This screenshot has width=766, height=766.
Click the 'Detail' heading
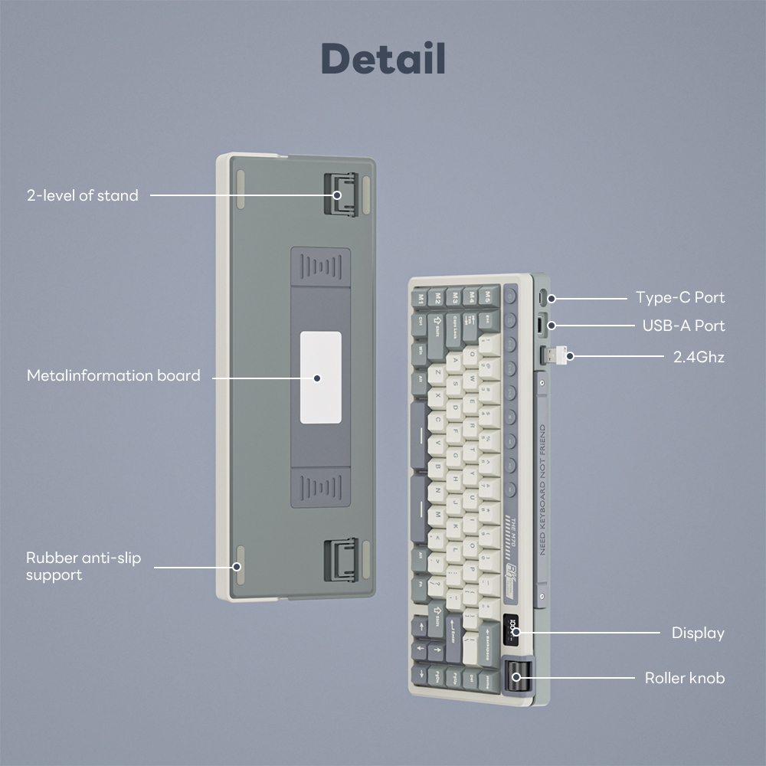click(383, 59)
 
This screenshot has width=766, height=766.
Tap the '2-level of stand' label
click(83, 195)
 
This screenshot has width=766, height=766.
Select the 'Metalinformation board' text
click(113, 375)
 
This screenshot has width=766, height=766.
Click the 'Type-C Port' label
click(679, 297)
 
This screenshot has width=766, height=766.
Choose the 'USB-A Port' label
click(683, 326)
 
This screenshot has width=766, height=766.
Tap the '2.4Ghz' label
click(699, 356)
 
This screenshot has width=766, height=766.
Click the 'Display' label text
click(697, 633)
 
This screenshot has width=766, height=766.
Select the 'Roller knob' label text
click(684, 678)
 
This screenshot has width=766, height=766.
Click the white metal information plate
click(319, 377)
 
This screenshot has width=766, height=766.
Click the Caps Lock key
click(456, 325)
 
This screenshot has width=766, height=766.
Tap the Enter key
click(453, 635)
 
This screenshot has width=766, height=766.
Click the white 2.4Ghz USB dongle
click(557, 356)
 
